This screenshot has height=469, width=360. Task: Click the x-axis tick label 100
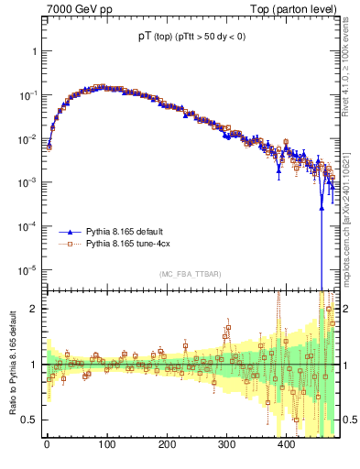click(x=106, y=444)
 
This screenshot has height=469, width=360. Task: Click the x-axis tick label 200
click(x=167, y=444)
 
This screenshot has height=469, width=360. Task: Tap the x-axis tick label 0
click(x=47, y=444)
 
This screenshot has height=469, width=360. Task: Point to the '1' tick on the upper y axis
click(x=34, y=52)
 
